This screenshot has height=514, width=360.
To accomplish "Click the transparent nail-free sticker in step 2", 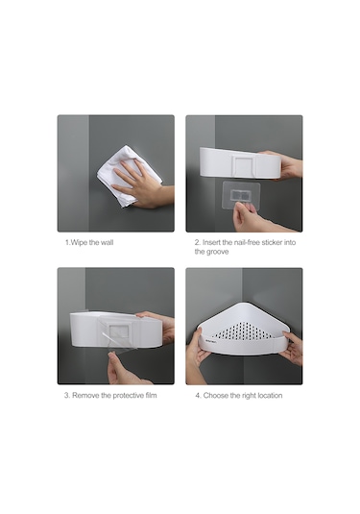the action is click(241, 196).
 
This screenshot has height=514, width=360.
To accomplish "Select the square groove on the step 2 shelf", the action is click(244, 166).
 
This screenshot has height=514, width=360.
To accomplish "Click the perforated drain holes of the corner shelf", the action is click(244, 331).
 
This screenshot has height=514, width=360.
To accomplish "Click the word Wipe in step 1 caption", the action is click(79, 243).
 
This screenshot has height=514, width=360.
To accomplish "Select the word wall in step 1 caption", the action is click(108, 243).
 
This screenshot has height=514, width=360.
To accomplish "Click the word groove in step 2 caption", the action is click(218, 252).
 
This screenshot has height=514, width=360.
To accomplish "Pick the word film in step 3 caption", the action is click(152, 395).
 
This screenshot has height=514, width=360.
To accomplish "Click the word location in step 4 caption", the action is click(270, 396).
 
